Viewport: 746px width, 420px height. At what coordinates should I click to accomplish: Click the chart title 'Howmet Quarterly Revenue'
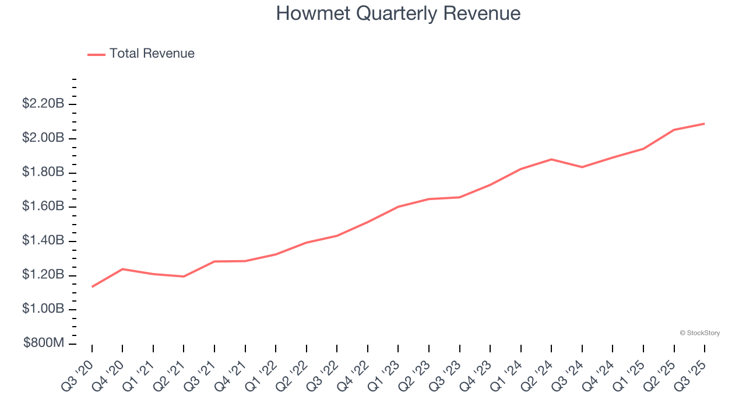(398, 13)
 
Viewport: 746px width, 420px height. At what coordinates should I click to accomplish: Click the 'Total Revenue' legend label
(152, 54)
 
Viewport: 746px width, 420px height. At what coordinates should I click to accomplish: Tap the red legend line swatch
(96, 54)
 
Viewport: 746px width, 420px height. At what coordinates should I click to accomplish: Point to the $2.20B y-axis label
(43, 104)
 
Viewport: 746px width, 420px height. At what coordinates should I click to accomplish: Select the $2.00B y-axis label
(43, 138)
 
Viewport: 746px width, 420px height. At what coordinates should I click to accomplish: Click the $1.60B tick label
(43, 206)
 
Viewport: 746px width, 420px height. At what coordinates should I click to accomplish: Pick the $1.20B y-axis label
(43, 275)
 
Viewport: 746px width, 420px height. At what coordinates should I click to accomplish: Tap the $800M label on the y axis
(43, 343)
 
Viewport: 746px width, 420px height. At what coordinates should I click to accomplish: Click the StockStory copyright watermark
(699, 333)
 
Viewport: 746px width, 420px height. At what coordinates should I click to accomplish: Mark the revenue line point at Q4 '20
(122, 269)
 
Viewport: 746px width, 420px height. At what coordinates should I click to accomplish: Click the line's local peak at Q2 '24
(551, 159)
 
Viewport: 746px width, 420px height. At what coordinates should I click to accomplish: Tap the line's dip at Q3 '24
(582, 167)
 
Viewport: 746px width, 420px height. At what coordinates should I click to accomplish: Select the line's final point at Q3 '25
(704, 124)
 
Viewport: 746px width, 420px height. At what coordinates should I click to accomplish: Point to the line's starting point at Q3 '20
(92, 286)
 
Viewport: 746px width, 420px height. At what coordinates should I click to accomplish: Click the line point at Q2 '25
(674, 129)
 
